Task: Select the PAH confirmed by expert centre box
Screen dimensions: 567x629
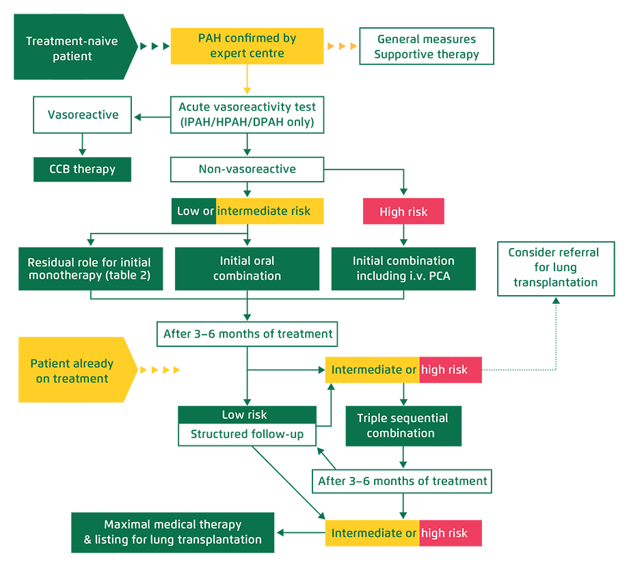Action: tap(247, 46)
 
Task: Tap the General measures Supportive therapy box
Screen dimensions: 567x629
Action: tap(427, 46)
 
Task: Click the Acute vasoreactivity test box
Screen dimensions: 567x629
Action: tap(247, 115)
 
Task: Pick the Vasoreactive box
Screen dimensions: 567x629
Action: tap(83, 115)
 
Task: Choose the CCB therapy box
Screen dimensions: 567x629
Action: tap(82, 169)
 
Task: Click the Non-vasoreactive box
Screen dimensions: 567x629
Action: tap(247, 169)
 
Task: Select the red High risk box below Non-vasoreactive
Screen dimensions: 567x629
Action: tap(403, 212)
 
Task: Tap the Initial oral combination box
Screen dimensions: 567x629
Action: tap(247, 268)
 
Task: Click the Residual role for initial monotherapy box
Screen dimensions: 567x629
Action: tap(90, 268)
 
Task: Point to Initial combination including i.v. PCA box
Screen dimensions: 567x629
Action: tap(403, 268)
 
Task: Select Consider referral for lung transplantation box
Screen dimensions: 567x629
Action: tap(555, 268)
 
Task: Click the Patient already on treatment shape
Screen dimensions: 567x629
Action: tap(72, 370)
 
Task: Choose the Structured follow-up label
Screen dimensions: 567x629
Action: tap(247, 434)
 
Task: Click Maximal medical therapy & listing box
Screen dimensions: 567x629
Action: tap(172, 532)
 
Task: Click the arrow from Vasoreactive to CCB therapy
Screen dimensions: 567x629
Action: tap(82, 145)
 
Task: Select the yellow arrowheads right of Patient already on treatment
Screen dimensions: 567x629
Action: tap(159, 370)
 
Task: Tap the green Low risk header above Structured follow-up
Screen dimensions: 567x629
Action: tap(247, 415)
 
